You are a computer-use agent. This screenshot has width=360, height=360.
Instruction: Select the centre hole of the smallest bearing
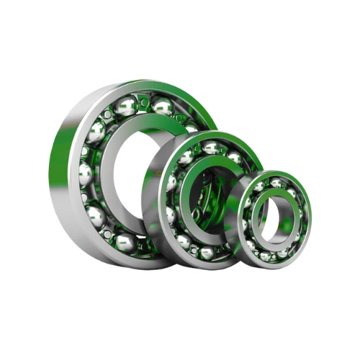277,215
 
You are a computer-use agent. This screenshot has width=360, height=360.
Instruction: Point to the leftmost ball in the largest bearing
85,175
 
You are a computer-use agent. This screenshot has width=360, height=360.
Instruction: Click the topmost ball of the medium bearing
212,148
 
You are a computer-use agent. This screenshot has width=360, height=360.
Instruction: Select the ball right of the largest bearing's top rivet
163,107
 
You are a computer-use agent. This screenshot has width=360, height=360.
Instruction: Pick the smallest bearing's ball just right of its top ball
292,189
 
